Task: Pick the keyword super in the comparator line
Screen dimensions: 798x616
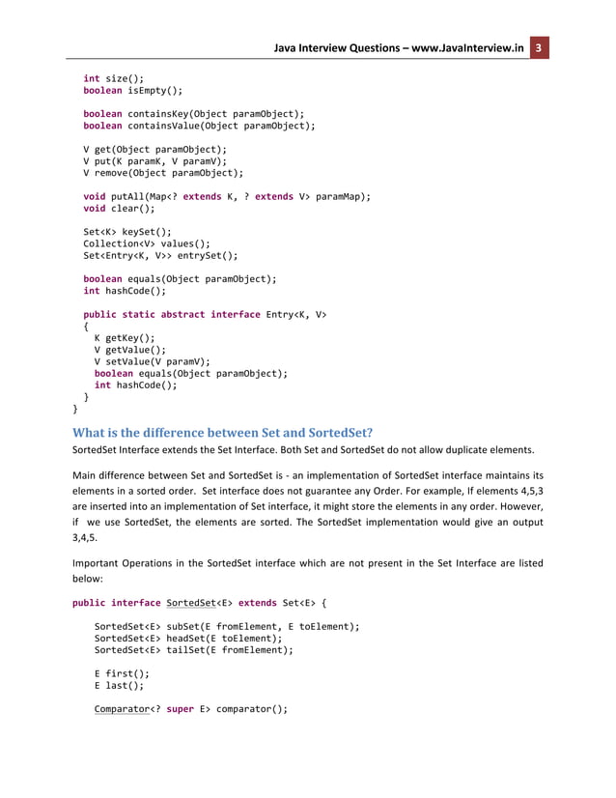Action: tap(181, 710)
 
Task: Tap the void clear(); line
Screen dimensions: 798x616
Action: tap(119, 208)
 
